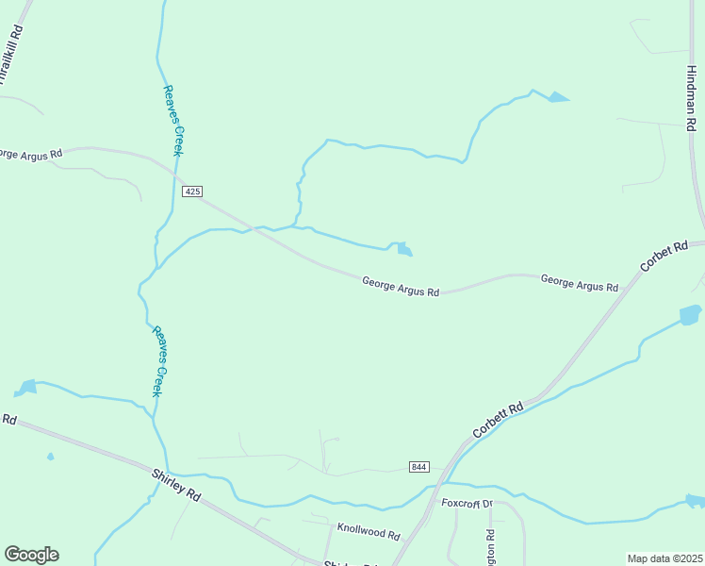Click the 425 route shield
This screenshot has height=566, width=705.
(192, 191)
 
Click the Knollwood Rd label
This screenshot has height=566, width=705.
(368, 532)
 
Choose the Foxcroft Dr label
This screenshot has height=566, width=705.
(467, 504)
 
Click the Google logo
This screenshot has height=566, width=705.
(31, 555)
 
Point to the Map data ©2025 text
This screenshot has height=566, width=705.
(664, 558)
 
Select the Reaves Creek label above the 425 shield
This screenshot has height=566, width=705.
(172, 120)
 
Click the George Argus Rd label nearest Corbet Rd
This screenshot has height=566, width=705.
(579, 282)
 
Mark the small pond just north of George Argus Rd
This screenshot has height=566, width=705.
(403, 249)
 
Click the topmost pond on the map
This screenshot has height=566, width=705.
(559, 96)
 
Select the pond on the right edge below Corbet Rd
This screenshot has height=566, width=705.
(690, 314)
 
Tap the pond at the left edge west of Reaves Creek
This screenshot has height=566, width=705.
(25, 387)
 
